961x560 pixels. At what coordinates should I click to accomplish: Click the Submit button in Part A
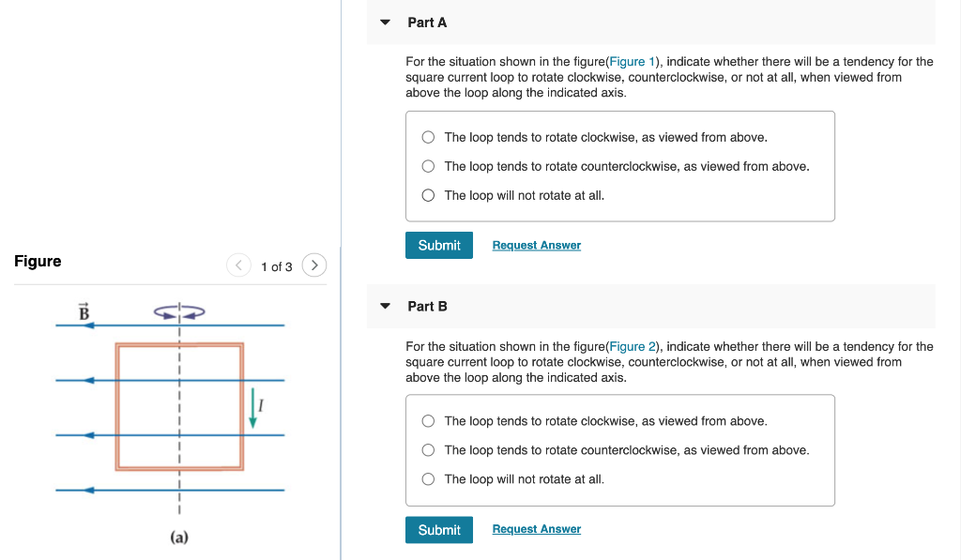[438, 245]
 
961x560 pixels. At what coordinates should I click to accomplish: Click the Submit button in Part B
[438, 529]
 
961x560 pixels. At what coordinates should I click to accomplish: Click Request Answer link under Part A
[536, 245]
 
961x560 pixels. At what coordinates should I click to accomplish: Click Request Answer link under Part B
[536, 529]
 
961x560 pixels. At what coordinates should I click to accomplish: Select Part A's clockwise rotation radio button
[428, 137]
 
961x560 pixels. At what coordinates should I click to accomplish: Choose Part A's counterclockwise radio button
[428, 166]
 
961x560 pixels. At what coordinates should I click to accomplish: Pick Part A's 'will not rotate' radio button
[428, 195]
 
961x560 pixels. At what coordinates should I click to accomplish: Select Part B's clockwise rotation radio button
[428, 421]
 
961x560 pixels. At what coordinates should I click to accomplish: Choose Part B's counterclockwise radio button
[428, 450]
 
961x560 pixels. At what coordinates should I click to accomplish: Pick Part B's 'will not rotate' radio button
[428, 479]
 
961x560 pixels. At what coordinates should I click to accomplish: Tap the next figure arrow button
[314, 266]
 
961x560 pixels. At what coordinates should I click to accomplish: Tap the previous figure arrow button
[238, 266]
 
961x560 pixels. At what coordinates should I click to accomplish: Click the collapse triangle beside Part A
[385, 22]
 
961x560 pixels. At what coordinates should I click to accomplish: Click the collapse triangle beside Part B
[385, 306]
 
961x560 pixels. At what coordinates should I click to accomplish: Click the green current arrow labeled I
[252, 409]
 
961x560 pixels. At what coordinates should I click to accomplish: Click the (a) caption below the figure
[179, 537]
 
